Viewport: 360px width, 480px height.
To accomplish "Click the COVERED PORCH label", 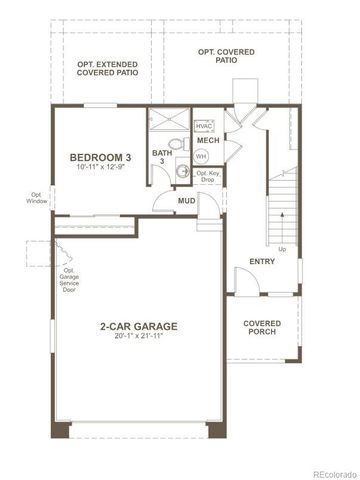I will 262,329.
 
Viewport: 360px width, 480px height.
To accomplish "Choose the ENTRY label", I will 261,261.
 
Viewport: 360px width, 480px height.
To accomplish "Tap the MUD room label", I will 186,201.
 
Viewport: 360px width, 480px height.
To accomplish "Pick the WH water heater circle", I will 201,157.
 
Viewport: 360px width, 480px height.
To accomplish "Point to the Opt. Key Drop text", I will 208,177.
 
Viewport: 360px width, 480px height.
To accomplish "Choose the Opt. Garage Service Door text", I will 70,279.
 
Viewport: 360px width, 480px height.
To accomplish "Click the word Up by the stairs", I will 281,249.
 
